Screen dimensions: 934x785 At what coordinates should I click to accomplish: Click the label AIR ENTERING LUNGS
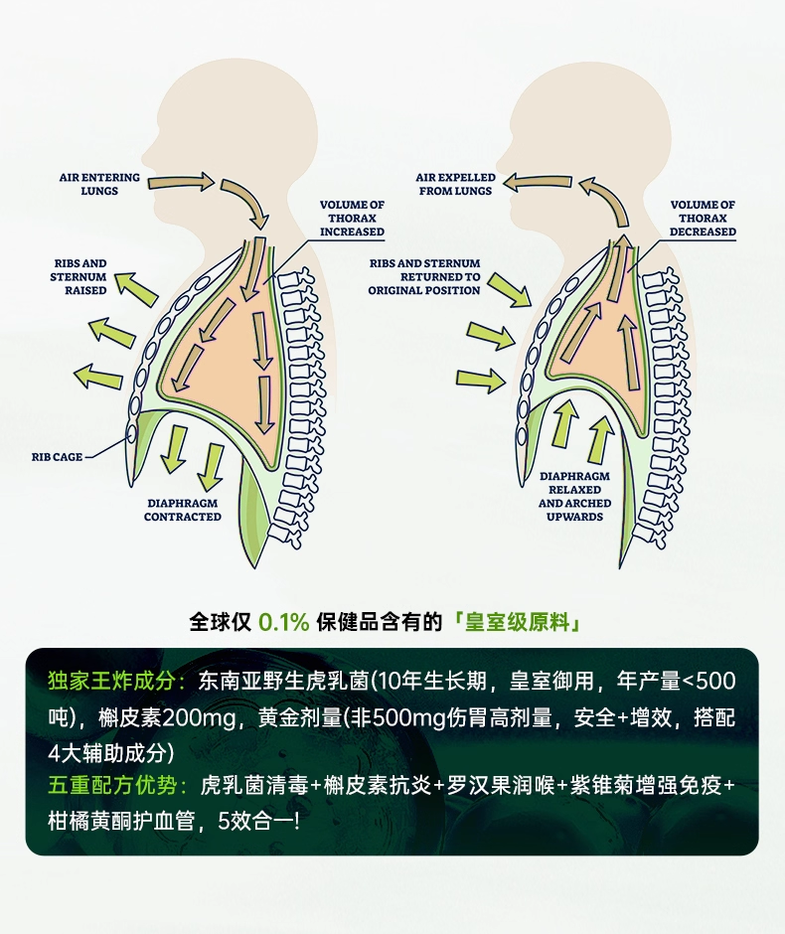pos(98,184)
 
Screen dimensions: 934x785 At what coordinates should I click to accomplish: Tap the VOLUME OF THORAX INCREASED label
pos(352,219)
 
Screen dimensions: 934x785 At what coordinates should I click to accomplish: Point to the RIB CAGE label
pos(56,457)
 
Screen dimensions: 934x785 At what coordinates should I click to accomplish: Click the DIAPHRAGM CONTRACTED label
pos(183,510)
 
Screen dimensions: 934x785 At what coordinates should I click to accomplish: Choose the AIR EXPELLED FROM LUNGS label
pos(455,184)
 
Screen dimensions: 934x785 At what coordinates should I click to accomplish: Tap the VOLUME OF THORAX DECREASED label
pos(703,219)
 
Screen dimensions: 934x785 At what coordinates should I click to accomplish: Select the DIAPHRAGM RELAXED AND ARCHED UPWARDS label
pos(574,497)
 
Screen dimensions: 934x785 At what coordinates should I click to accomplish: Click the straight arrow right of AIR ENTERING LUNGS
pos(188,181)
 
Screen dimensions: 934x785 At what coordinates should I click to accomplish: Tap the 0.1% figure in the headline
pos(284,623)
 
